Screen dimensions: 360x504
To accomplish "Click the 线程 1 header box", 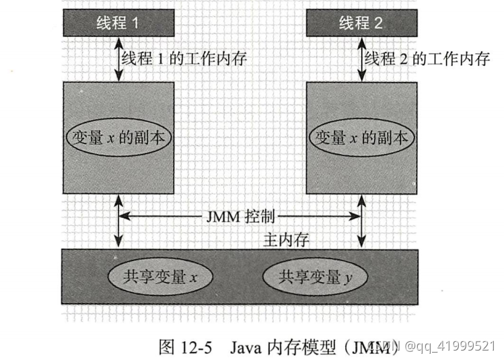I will [x=118, y=24].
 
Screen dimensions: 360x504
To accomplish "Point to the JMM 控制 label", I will [x=240, y=217].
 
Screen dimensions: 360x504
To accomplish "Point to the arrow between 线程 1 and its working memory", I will [x=118, y=59].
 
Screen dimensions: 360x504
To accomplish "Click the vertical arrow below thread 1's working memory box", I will [x=118, y=221].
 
